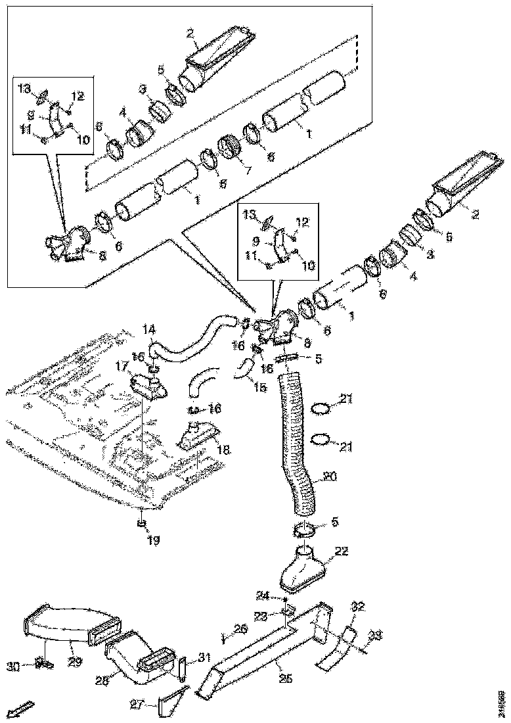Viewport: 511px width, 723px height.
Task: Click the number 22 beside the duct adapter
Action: (342, 551)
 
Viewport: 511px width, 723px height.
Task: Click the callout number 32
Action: (358, 605)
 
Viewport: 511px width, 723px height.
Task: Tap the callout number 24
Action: (263, 596)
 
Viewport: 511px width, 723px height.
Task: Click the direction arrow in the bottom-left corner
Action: (20, 709)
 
